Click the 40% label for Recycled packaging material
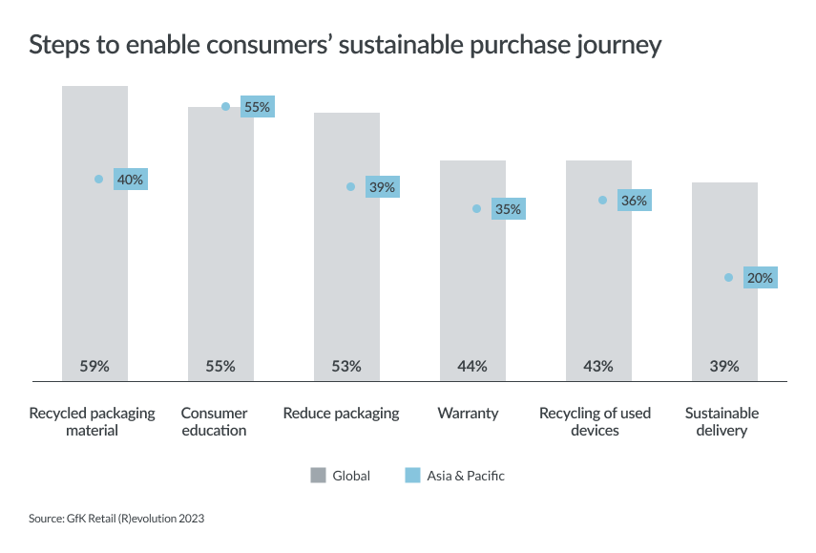point(130,180)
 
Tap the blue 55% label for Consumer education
point(257,107)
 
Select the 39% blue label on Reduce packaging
point(382,187)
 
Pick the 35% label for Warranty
point(508,209)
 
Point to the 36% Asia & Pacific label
point(634,201)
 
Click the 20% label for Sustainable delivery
point(760,278)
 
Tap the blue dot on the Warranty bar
point(476,209)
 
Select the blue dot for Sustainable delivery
point(728,278)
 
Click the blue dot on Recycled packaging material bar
point(99,180)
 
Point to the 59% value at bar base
point(94,366)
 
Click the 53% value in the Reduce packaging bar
point(346,366)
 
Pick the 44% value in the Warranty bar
point(472,366)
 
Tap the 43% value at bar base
point(598,366)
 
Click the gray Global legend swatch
point(318,475)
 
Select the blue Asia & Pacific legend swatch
point(412,475)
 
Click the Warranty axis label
point(468,414)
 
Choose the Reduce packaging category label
point(341,414)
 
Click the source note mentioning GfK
point(116,519)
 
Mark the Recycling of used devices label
point(595,422)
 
